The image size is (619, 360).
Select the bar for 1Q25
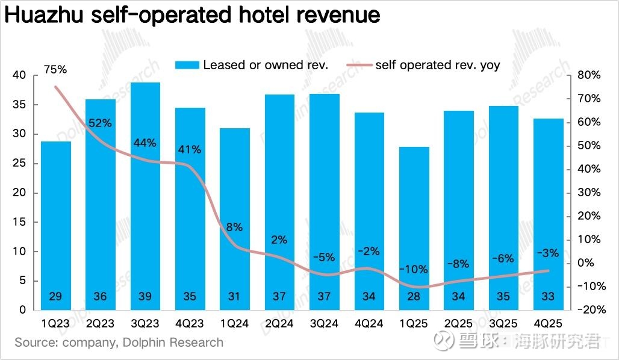[x=414, y=228]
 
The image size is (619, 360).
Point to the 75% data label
[x=55, y=70]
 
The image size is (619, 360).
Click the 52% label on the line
[x=101, y=123]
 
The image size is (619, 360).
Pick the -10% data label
[x=414, y=269]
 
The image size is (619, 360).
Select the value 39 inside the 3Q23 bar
[x=145, y=297]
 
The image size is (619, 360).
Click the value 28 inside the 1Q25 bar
[x=414, y=297]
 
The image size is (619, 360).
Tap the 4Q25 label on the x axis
[x=548, y=323]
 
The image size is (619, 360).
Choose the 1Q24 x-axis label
[x=235, y=323]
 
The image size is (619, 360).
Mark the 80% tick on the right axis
[x=588, y=75]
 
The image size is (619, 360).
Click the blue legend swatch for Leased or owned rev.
[x=187, y=65]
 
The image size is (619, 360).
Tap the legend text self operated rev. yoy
[x=437, y=65]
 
